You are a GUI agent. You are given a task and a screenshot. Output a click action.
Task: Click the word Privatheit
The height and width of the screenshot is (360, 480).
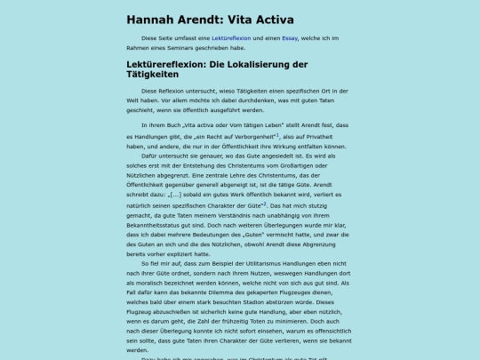point(334,139)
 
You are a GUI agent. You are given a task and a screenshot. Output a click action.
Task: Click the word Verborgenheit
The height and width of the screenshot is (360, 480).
point(251,139)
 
